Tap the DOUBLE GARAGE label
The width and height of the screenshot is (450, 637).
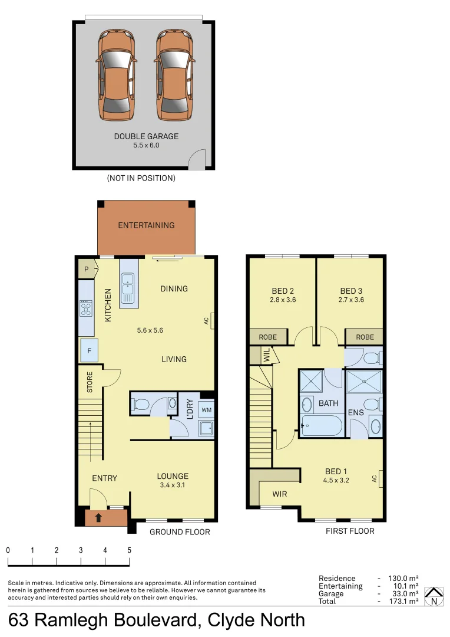[x=146, y=136]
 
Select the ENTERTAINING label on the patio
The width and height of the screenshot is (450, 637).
[x=146, y=225]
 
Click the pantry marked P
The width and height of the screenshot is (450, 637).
[x=87, y=269]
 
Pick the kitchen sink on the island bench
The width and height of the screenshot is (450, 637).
[x=127, y=289]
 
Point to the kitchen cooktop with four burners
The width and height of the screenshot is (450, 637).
[x=86, y=308]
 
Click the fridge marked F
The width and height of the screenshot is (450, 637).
[x=89, y=351]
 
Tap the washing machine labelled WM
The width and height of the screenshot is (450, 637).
[x=207, y=409]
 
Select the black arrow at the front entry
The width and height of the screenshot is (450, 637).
[x=98, y=518]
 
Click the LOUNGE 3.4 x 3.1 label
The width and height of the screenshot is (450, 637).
[x=172, y=480]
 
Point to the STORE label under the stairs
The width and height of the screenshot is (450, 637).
[x=90, y=382]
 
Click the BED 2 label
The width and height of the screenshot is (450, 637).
[x=283, y=291]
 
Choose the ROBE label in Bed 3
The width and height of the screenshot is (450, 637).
[x=365, y=337]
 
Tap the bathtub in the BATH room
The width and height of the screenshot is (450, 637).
[x=322, y=425]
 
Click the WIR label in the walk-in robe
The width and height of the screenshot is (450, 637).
[x=280, y=494]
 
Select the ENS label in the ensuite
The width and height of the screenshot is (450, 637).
[x=356, y=413]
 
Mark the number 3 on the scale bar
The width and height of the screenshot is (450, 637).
[x=81, y=550]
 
